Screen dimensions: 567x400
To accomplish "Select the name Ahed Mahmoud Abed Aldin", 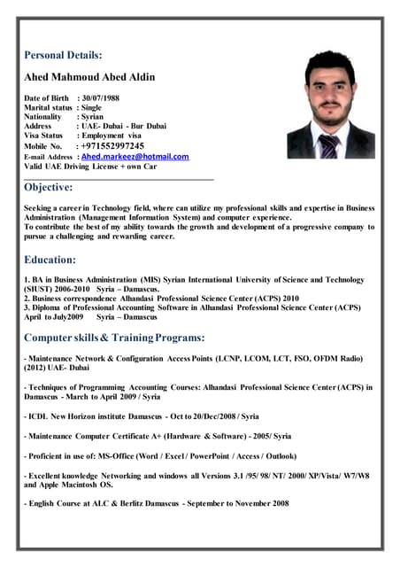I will (89, 77).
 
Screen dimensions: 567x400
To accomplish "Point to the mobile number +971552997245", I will (112, 145).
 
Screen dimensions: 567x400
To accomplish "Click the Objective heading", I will (48, 187).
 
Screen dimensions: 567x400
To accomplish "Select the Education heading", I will (50, 260).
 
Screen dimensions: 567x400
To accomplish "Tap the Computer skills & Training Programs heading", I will (115, 338).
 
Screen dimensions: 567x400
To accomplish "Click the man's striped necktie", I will (330, 144).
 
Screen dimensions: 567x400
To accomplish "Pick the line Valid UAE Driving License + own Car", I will (90, 167).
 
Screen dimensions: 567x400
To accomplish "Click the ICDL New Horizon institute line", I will (142, 416).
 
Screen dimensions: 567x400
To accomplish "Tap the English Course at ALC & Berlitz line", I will (157, 503).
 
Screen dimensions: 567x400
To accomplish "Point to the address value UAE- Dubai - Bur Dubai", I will (122, 127).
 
